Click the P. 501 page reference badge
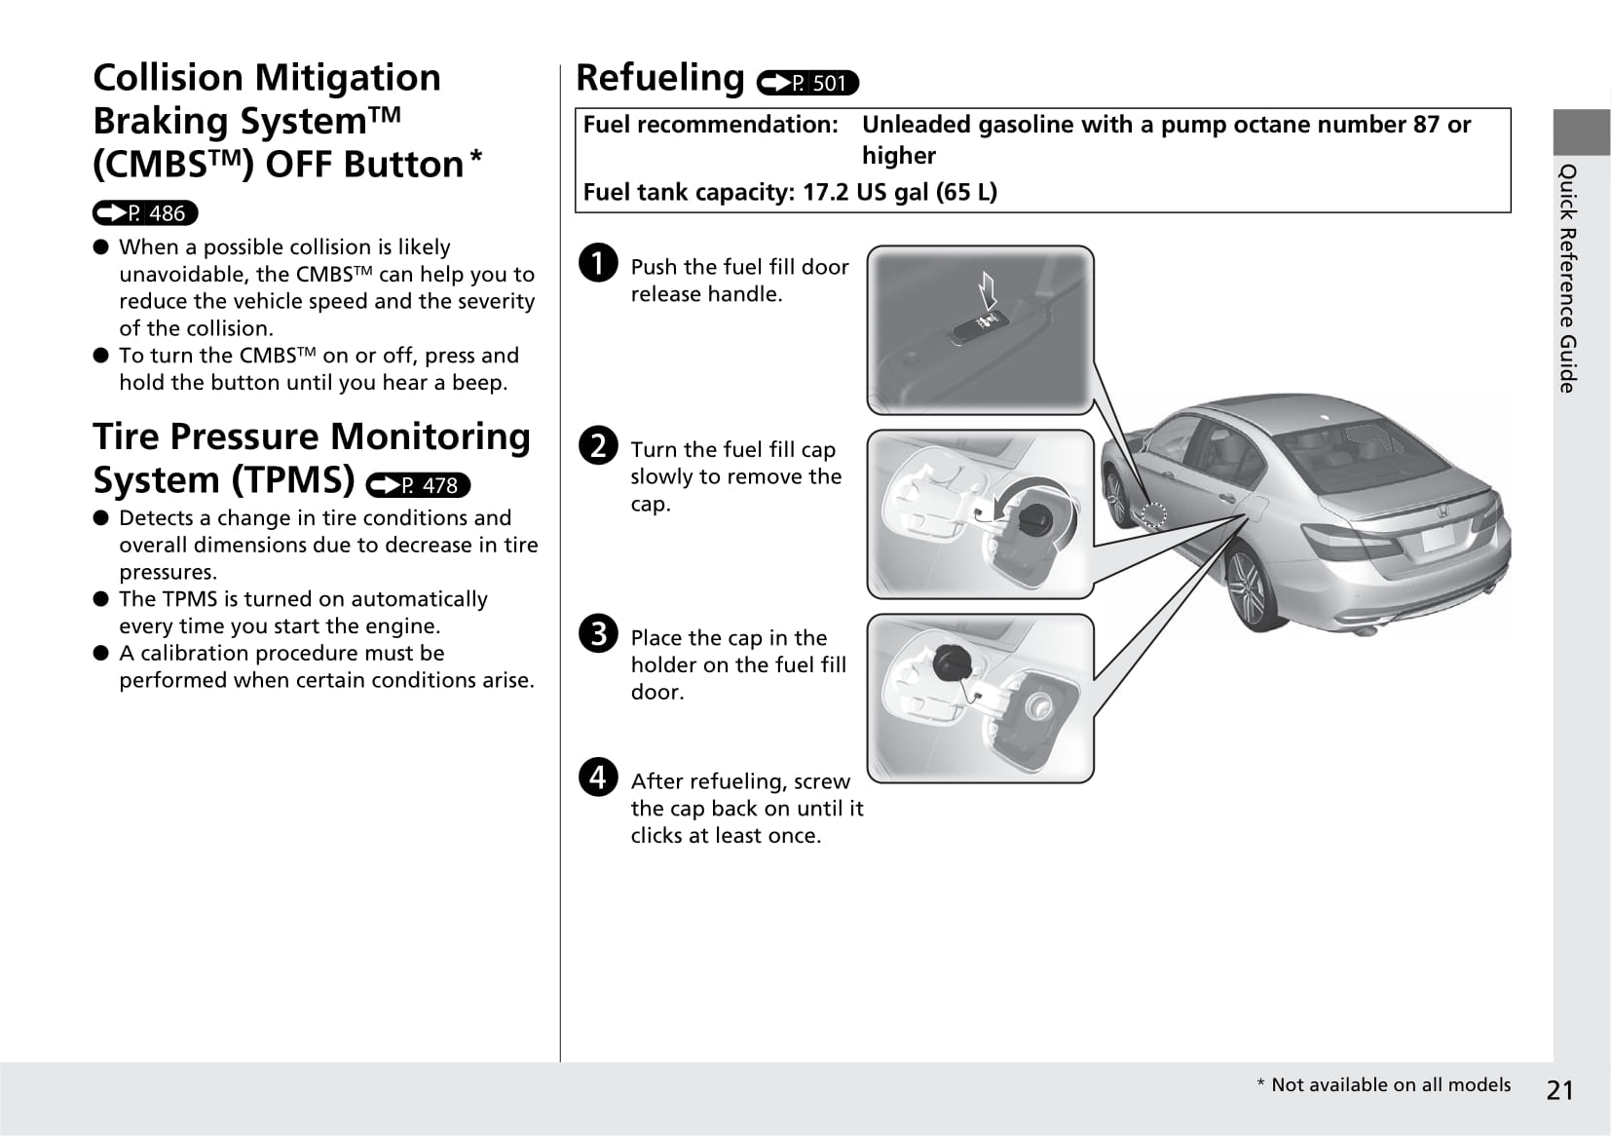[807, 84]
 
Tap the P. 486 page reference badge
[145, 213]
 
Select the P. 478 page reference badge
[418, 485]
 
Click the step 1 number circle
[598, 263]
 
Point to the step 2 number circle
[598, 445]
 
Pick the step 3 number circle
[598, 633]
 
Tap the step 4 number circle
[598, 776]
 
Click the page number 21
[1559, 1090]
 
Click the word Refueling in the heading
[660, 78]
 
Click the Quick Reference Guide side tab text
[1567, 279]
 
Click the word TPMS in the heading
[290, 480]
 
